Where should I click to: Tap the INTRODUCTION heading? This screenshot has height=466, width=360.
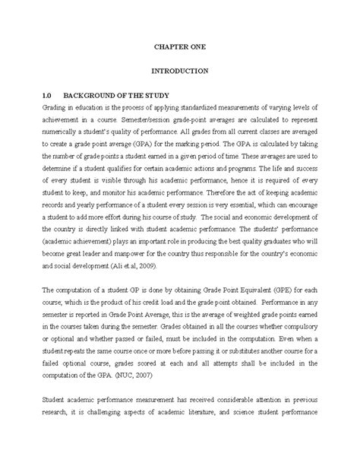click(x=180, y=71)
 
